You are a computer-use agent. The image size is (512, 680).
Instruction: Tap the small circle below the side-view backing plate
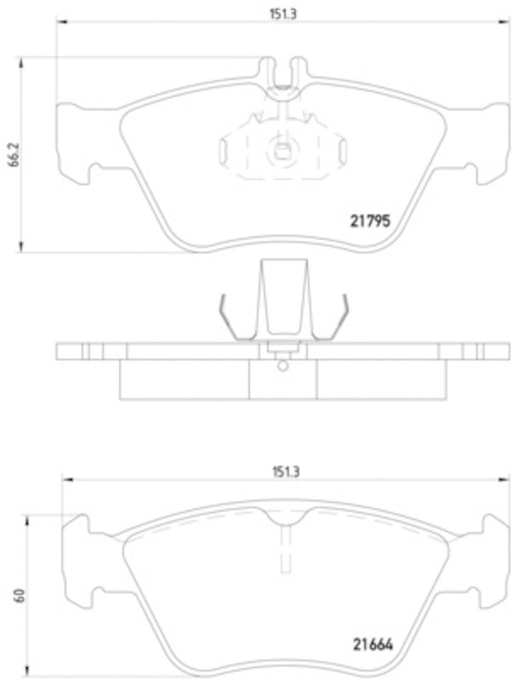[x=282, y=366]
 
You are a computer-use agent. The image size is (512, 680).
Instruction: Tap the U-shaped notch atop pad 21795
[x=282, y=70]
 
